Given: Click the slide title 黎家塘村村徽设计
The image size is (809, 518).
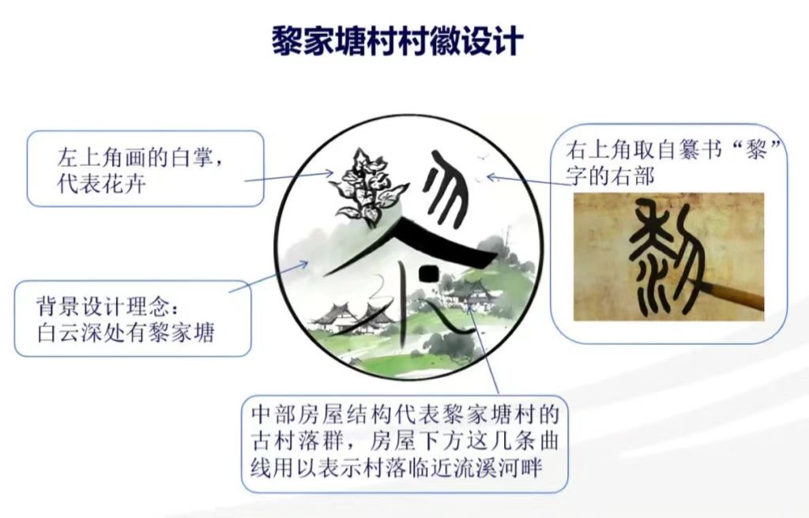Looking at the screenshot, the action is click(x=397, y=40).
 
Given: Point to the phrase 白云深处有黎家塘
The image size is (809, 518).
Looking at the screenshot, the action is click(x=126, y=332).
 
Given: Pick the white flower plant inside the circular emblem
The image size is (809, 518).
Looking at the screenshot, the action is click(x=364, y=188).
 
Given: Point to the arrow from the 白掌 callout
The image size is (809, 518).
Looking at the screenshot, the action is click(x=289, y=177).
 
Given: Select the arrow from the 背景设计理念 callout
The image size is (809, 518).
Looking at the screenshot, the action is click(x=269, y=276).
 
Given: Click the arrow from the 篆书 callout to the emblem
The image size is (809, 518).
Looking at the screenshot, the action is click(x=526, y=182).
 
